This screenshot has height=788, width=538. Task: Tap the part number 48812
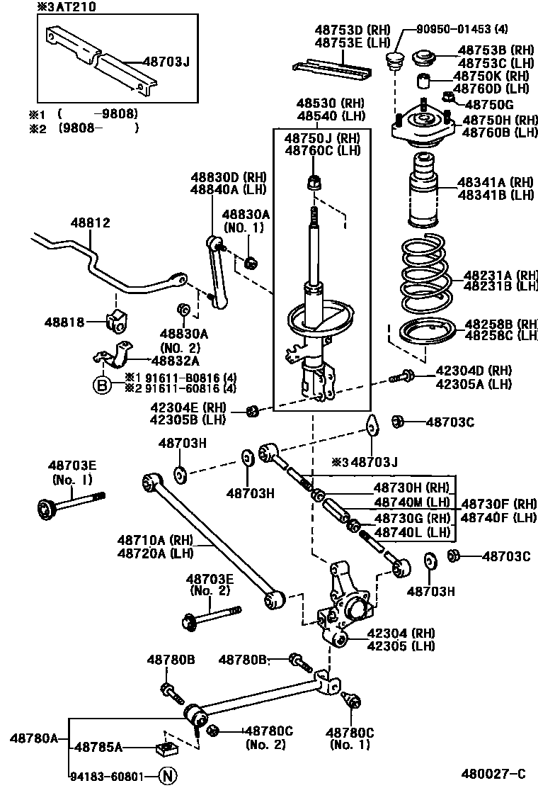coord(90,223)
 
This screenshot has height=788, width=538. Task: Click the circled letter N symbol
coord(167,776)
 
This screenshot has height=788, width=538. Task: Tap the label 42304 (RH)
coord(401,633)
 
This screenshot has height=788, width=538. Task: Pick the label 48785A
coord(99,746)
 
